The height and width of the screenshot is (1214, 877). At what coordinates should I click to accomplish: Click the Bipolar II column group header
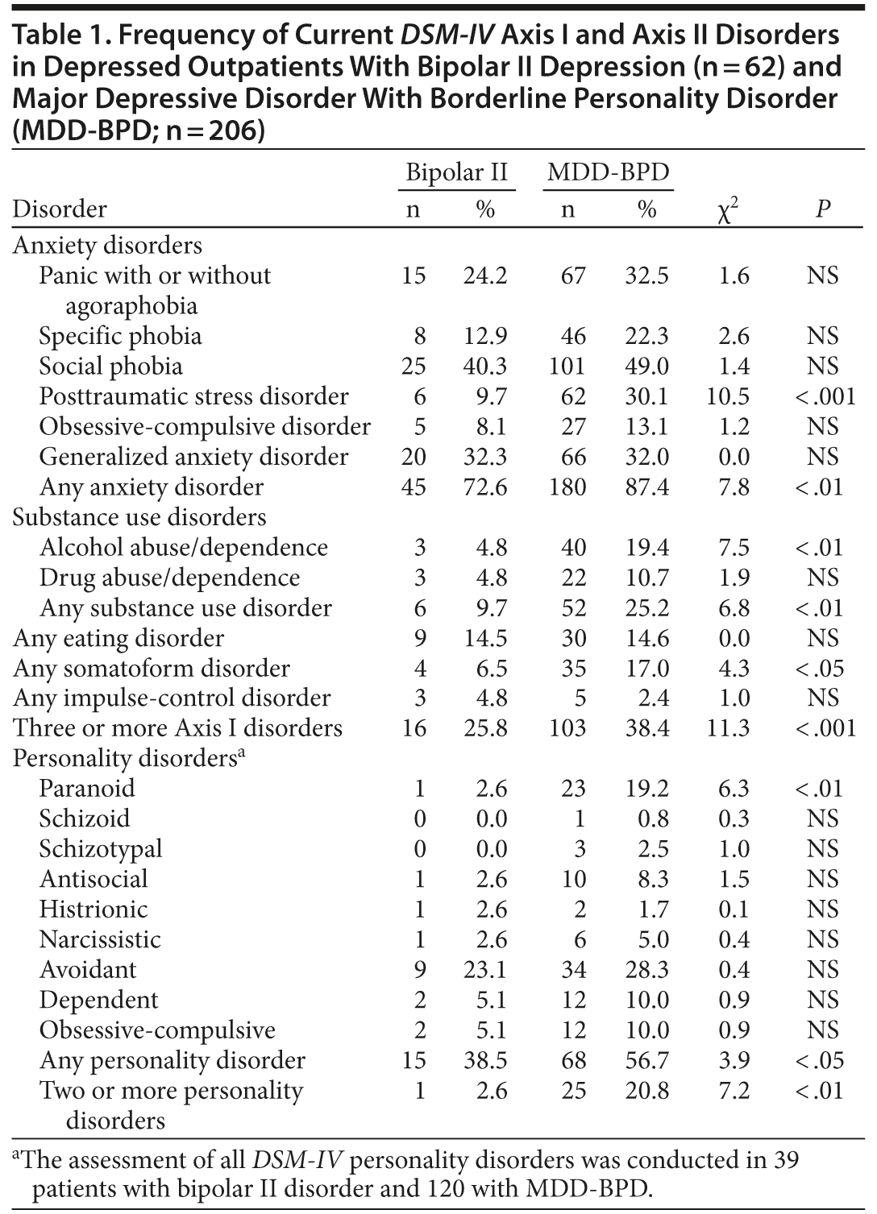(x=456, y=172)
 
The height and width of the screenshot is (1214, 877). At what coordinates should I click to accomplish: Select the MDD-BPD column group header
(x=608, y=172)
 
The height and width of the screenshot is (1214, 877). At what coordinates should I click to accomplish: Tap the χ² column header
(x=728, y=211)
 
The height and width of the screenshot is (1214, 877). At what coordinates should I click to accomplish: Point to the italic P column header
(x=822, y=209)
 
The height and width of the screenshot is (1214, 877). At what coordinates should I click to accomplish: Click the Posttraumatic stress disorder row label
(x=193, y=396)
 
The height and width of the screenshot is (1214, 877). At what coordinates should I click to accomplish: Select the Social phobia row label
(x=110, y=367)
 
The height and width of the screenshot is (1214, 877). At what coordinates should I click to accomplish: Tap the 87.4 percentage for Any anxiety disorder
(x=646, y=487)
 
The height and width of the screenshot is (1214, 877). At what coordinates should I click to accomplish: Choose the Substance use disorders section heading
(x=139, y=517)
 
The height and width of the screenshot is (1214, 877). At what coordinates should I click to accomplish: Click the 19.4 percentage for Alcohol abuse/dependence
(x=646, y=548)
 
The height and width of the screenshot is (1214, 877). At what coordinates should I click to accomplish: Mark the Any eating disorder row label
(x=118, y=639)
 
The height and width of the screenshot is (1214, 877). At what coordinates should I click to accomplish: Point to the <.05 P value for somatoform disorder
(x=819, y=669)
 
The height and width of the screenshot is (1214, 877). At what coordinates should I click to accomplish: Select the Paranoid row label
(x=87, y=789)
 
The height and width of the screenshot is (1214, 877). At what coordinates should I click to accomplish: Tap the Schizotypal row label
(x=101, y=849)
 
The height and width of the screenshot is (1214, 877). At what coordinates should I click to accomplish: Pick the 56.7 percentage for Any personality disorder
(x=646, y=1060)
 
